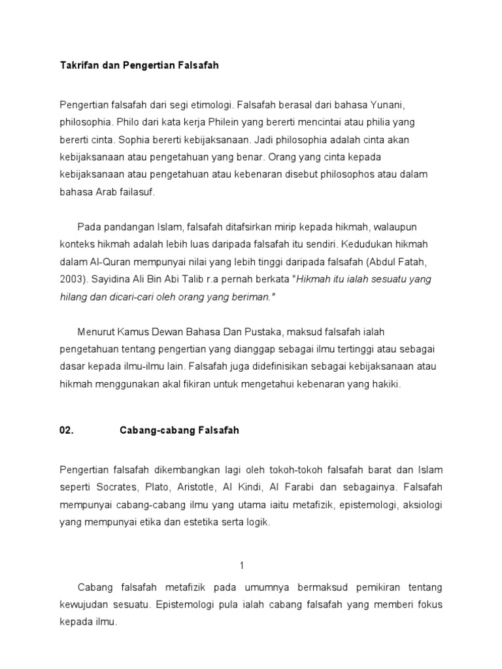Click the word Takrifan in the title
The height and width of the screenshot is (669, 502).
point(76,66)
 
